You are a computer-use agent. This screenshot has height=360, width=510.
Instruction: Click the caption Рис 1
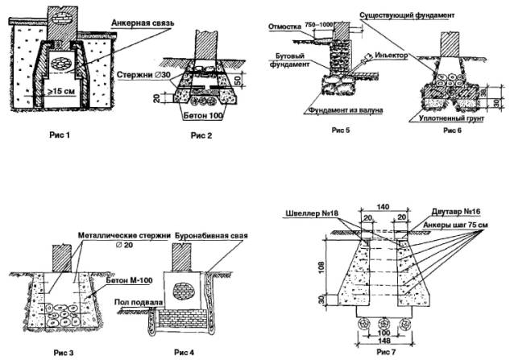point(57,134)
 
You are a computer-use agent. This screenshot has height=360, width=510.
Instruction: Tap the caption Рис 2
point(201,134)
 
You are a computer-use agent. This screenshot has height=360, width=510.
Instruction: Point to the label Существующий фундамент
point(417,14)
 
